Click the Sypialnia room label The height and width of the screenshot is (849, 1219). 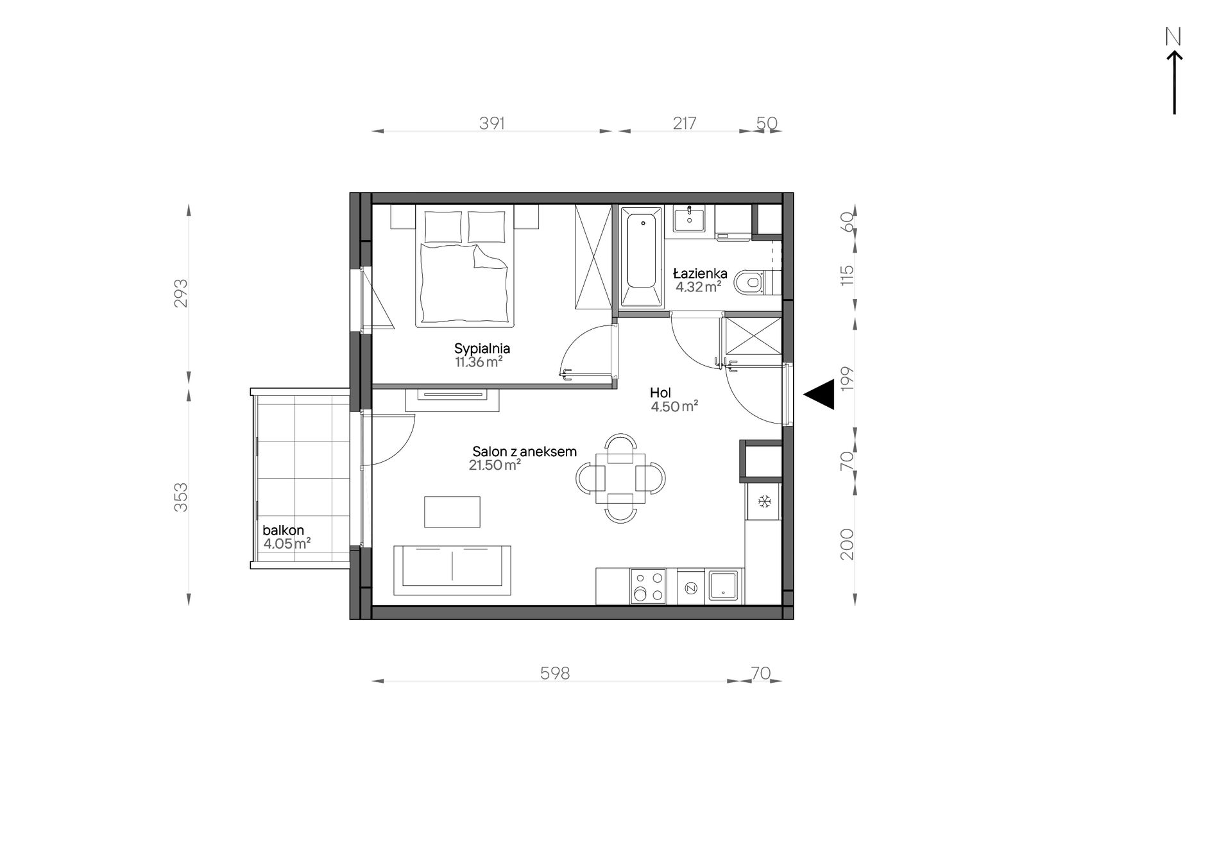tap(482, 349)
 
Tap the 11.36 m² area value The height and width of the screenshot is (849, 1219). tap(479, 363)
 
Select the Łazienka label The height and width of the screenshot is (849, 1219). tap(701, 273)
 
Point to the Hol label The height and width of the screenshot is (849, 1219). tap(660, 393)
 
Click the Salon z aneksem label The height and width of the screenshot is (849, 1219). tap(525, 452)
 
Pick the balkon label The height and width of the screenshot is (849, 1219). tap(283, 531)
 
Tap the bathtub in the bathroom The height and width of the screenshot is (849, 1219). tap(641, 257)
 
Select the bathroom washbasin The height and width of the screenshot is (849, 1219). tap(688, 218)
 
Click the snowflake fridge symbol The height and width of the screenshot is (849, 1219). tap(764, 501)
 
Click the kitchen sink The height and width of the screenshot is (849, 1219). tap(725, 587)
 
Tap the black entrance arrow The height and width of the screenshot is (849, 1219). tap(819, 394)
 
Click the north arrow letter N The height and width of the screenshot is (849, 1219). tap(1173, 37)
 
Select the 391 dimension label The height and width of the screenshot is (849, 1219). tap(492, 123)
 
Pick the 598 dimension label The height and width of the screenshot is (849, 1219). tap(555, 673)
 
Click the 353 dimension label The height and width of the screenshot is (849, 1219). tap(182, 497)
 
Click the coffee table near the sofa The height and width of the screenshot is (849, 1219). tap(452, 511)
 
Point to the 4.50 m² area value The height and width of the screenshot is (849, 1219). tap(674, 406)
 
